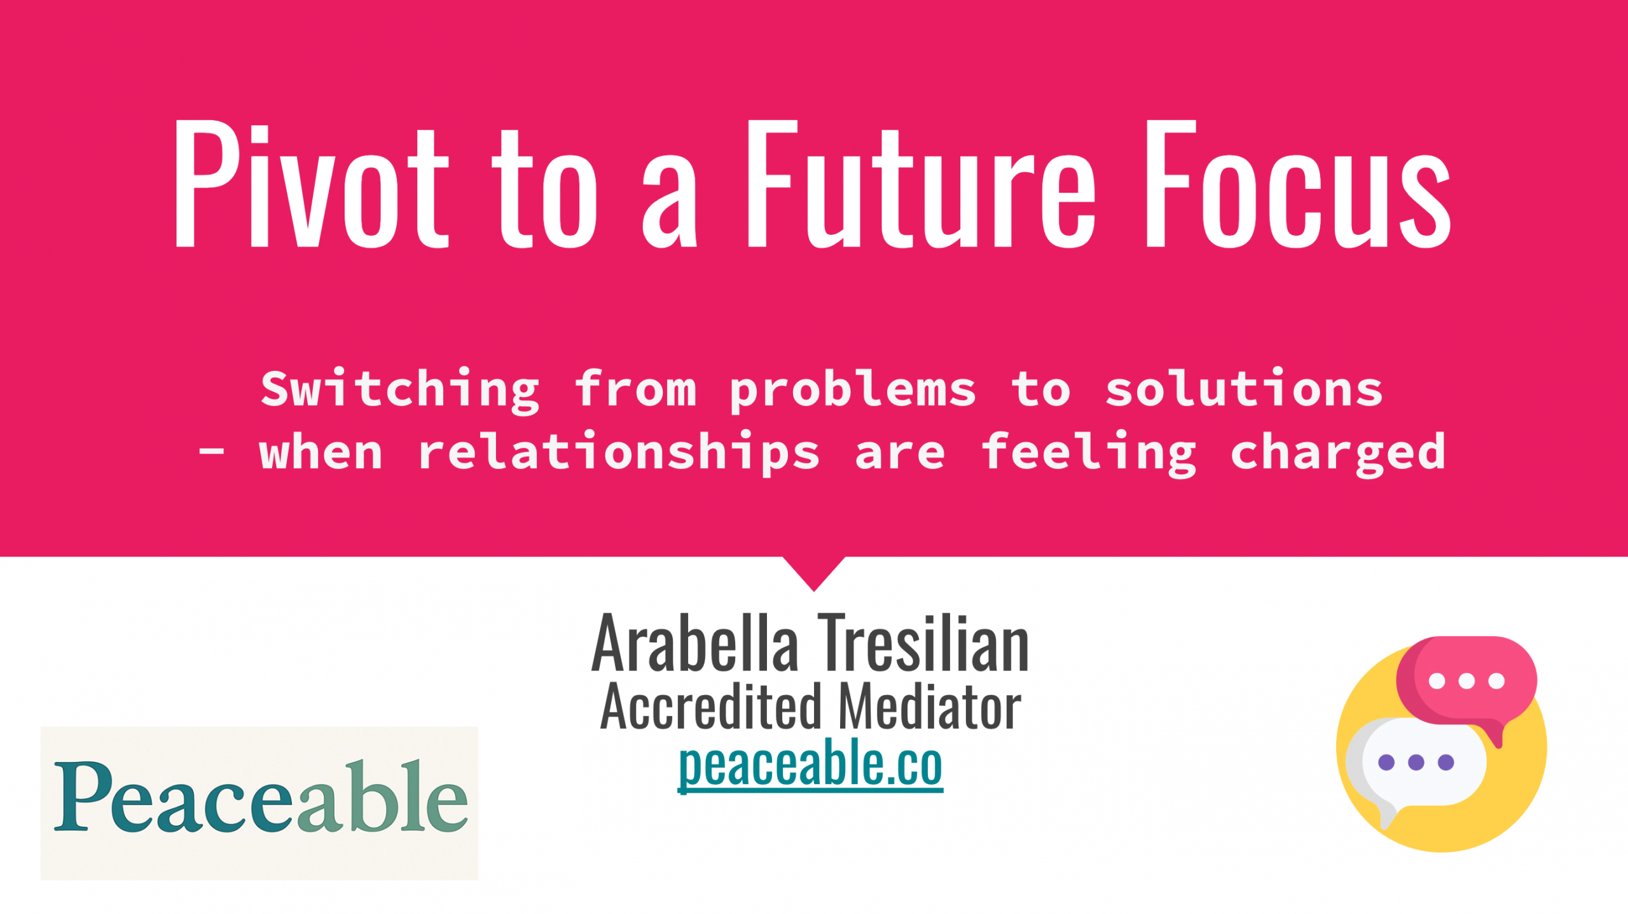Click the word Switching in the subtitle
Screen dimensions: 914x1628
[400, 389]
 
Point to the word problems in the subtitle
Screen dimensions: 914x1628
[852, 389]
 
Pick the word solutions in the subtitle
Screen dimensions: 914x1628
[1244, 389]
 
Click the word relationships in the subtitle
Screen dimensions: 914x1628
[619, 452]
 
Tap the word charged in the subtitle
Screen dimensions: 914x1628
[1338, 452]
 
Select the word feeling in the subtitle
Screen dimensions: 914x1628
[1088, 452]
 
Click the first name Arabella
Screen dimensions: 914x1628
[694, 644]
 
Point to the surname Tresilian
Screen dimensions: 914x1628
[923, 644]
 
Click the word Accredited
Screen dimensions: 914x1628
[712, 707]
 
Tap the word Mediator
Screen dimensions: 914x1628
[930, 707]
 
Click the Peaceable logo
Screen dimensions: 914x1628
[259, 802]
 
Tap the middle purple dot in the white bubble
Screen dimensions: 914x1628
[1416, 762]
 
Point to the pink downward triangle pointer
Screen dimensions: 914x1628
[813, 571]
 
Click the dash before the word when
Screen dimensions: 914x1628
[211, 451]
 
